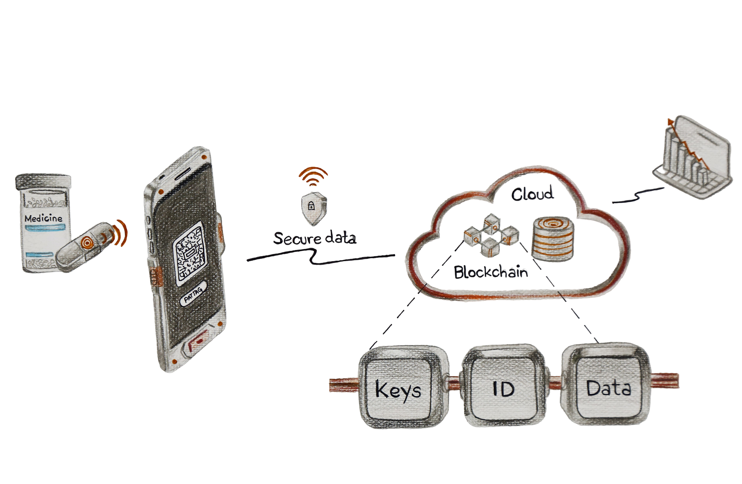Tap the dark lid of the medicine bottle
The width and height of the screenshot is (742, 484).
coord(43,181)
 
